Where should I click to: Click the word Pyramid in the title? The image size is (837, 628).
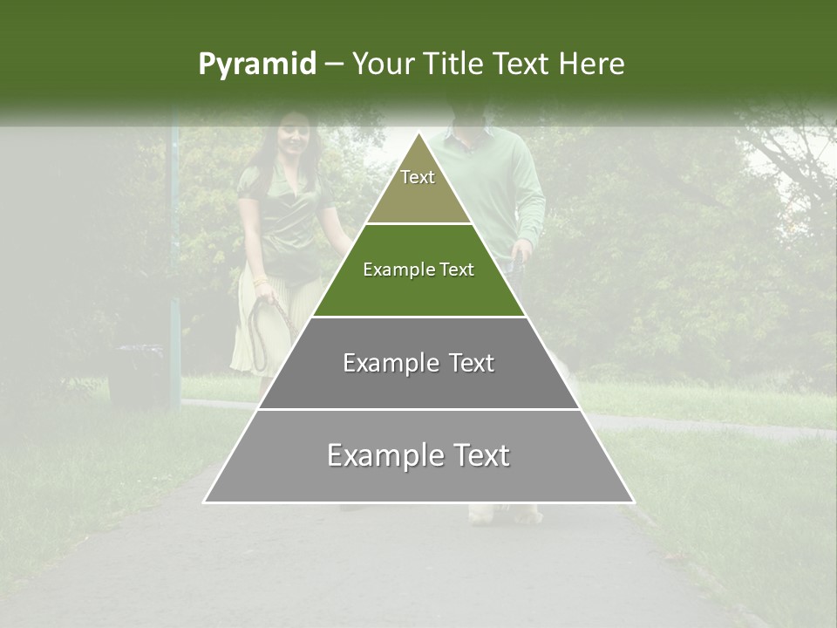pos(256,65)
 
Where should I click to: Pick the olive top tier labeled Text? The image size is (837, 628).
pos(418,188)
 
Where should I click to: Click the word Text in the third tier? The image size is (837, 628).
pos(472,363)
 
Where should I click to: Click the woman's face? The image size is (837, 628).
pos(293,136)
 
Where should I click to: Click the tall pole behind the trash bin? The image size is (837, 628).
pos(174,262)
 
